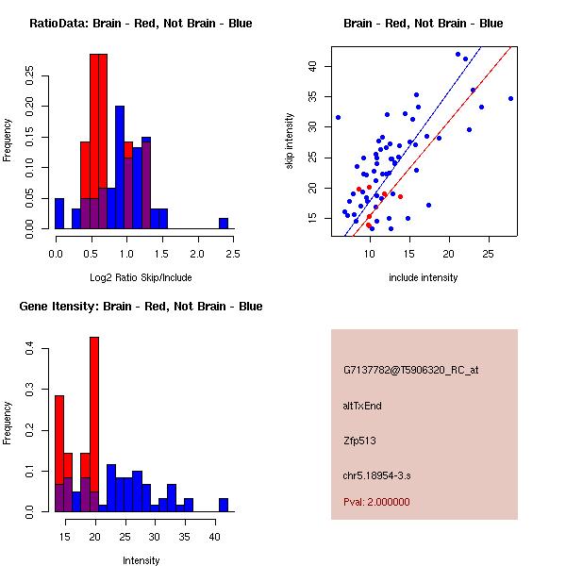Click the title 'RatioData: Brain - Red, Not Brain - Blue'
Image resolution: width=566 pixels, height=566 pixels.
141,24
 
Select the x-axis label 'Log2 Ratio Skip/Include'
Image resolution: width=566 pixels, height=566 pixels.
141,277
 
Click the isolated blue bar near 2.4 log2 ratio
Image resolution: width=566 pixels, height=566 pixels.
224,224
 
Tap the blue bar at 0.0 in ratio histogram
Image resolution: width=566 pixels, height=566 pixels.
59,213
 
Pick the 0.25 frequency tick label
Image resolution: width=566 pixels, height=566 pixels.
29,75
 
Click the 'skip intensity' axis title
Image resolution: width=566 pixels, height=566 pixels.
290,141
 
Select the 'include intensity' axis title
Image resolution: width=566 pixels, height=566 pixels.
423,277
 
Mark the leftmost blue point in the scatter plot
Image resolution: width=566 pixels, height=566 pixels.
339,118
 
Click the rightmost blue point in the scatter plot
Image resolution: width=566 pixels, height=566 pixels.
510,98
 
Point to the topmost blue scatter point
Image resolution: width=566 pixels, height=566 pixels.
458,55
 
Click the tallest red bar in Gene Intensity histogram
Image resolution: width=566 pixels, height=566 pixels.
94,424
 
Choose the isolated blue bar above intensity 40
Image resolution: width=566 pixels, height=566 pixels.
224,505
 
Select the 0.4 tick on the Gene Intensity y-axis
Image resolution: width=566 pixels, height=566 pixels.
29,349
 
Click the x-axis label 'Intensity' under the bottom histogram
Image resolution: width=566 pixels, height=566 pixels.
141,560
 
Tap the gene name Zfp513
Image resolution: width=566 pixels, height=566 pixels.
359,441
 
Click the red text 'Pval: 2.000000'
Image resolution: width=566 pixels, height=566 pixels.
376,502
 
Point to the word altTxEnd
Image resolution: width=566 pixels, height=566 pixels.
362,406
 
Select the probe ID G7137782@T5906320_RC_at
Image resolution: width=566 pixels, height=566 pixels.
410,371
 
